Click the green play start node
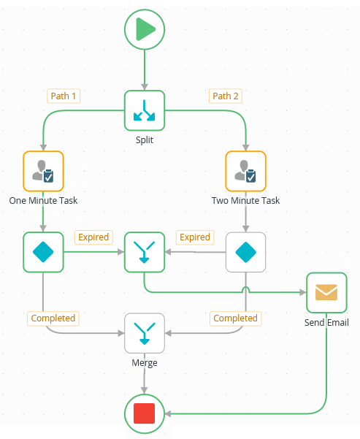tap(145, 29)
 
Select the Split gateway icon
tap(145, 110)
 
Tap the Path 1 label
tap(64, 96)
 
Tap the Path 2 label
tap(226, 96)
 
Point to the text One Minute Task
tap(43, 200)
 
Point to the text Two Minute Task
tap(245, 200)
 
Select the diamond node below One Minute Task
tap(43, 252)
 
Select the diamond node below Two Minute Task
tap(245, 252)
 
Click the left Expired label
tap(93, 237)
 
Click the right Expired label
tap(195, 237)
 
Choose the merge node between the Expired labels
tap(145, 252)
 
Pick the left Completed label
tap(53, 318)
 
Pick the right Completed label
tap(235, 318)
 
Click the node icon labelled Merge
tap(145, 333)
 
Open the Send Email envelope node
tap(326, 292)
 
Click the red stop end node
tap(145, 414)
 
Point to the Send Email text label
tap(326, 322)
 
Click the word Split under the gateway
tap(145, 139)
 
